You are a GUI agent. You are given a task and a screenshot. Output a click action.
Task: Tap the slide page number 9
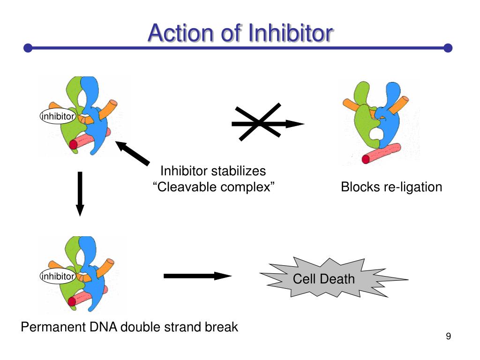point(448,336)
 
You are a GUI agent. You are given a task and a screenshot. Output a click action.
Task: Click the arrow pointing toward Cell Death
point(197,276)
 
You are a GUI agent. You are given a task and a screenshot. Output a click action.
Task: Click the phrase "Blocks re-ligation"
point(391,187)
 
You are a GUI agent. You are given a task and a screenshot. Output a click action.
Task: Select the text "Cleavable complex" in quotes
point(213,187)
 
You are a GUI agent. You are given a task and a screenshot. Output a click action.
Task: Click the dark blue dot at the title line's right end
point(448,48)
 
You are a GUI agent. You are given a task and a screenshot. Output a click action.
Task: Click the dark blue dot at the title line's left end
point(28,48)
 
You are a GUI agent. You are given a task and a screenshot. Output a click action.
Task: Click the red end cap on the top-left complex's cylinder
point(73,144)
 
